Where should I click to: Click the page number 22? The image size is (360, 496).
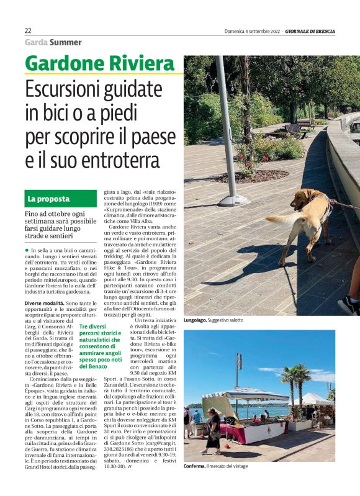pyautogui.click(x=28, y=30)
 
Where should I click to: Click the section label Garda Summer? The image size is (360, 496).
pyautogui.click(x=53, y=42)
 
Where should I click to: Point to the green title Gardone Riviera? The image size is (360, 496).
pyautogui.click(x=99, y=63)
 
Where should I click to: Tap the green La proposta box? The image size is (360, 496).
pyautogui.click(x=61, y=199)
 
